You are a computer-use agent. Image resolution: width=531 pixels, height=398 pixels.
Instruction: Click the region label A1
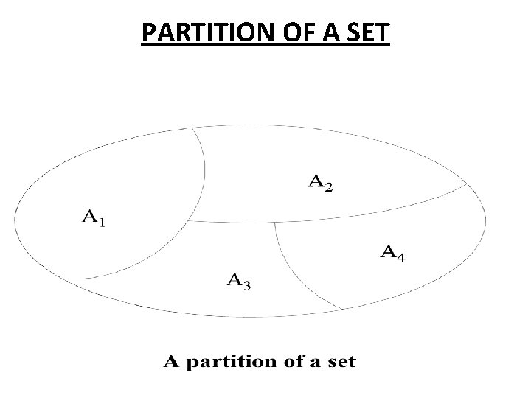tap(92, 217)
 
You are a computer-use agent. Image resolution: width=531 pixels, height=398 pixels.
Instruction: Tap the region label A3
tap(240, 280)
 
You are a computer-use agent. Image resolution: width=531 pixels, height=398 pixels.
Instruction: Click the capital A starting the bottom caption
tap(170, 361)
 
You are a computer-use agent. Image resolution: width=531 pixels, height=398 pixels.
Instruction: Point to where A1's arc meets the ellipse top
tap(193, 128)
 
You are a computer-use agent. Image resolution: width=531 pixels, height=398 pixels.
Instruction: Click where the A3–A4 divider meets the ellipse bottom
tap(343, 309)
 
